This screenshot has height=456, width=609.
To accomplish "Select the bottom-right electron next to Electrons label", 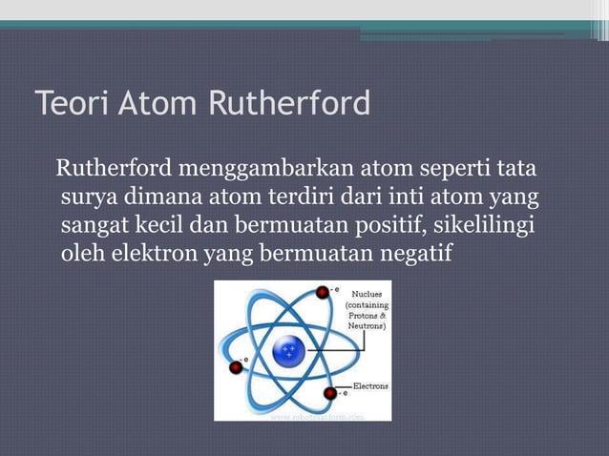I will pyautogui.click(x=330, y=392).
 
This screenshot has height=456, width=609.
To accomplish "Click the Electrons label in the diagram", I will pyautogui.click(x=370, y=386).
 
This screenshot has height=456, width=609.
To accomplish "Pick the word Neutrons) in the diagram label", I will pyautogui.click(x=367, y=325).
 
